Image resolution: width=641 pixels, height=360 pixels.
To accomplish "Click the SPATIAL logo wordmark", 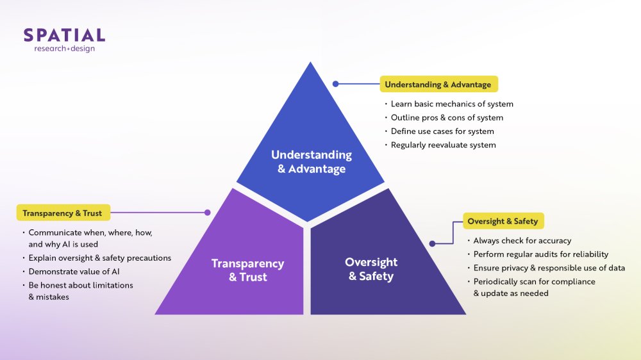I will coord(64,35).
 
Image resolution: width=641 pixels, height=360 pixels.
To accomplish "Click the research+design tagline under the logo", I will coord(64,49).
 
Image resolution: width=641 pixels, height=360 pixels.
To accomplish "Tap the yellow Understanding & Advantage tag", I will coord(438,85).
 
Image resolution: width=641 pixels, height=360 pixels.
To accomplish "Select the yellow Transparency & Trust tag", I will coord(62,213).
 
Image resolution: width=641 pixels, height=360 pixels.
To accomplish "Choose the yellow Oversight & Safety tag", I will coord(503,222).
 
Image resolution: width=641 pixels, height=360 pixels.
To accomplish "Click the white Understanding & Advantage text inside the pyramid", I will coord(312,162).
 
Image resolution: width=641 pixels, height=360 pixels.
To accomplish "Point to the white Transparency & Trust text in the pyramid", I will coord(248,270).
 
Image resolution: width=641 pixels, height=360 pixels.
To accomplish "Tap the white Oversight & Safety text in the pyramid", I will coord(371,269).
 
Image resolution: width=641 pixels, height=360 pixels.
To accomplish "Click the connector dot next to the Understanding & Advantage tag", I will coord(335,83).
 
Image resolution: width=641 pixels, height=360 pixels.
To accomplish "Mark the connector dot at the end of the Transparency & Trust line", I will coord(207,212).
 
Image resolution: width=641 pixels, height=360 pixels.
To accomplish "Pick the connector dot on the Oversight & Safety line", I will coord(433,243).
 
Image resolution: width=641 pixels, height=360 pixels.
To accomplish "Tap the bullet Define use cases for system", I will coord(442,131).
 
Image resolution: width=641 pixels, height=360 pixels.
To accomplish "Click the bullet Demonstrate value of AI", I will coord(74,272).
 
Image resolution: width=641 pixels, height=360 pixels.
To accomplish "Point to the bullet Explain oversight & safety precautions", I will coord(100,258).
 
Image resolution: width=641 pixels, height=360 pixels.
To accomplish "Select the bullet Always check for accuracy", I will coord(522,241).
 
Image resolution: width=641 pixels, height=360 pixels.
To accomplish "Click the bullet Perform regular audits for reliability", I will coord(540,254).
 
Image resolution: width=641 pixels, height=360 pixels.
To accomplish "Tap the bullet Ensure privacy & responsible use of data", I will coord(549,268).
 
